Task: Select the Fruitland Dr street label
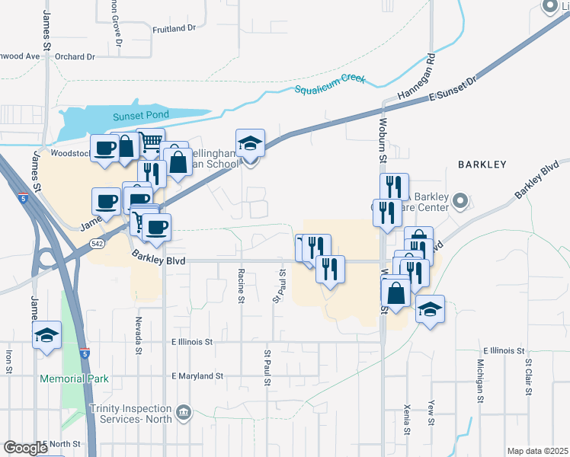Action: click(x=174, y=28)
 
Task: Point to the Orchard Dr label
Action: click(x=75, y=56)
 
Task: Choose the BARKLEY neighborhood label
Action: click(x=482, y=164)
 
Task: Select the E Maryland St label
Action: click(x=197, y=376)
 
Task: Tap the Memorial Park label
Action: click(x=75, y=379)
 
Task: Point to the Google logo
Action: click(x=25, y=447)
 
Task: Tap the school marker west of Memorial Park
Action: click(x=46, y=334)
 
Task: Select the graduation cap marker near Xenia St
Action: click(x=431, y=309)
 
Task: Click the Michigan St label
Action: click(x=481, y=377)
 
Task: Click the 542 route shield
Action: click(x=97, y=243)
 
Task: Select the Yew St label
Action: click(x=431, y=412)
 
